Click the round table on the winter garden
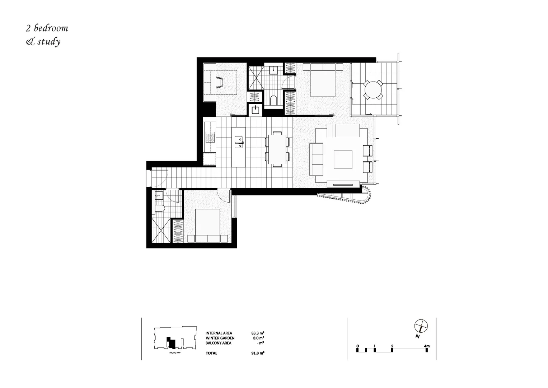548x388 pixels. pyautogui.click(x=373, y=89)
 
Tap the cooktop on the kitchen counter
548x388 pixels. pyautogui.click(x=209, y=137)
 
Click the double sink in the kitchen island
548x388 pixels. pyautogui.click(x=239, y=142)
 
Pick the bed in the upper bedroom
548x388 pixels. pyautogui.click(x=323, y=80)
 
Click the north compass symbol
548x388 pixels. pyautogui.click(x=421, y=326)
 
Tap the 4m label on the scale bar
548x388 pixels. pyautogui.click(x=427, y=346)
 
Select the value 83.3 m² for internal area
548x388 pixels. pyautogui.click(x=258, y=333)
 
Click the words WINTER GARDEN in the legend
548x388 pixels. pyautogui.click(x=220, y=338)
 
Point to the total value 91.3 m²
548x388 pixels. pyautogui.click(x=258, y=353)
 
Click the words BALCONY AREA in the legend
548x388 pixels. pyautogui.click(x=219, y=343)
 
